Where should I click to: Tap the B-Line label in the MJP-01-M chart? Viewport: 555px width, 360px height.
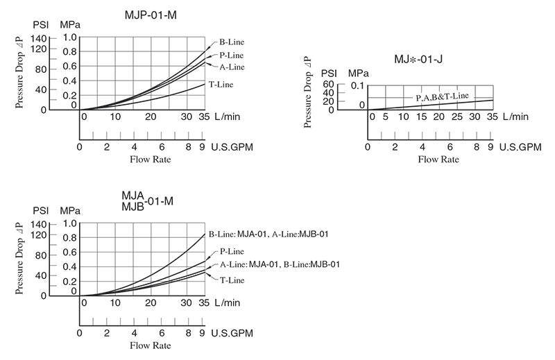(232, 42)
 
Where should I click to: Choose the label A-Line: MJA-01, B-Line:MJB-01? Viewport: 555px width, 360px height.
(280, 265)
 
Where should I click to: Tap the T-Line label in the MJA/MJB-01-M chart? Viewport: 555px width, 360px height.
(233, 280)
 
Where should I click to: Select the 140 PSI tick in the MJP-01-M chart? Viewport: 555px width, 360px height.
(39, 37)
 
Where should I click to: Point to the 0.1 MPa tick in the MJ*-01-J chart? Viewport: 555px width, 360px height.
(357, 85)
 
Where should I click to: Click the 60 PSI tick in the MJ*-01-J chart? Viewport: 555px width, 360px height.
(327, 85)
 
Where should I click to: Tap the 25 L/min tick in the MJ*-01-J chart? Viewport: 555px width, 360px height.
(456, 117)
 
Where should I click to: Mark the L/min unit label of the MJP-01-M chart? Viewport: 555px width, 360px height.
(228, 117)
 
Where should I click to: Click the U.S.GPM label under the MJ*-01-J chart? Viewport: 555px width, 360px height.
(520, 147)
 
